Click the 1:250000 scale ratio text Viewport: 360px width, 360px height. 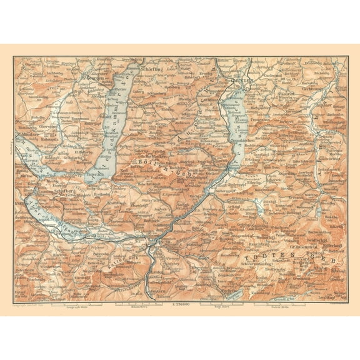coord(179,306)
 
